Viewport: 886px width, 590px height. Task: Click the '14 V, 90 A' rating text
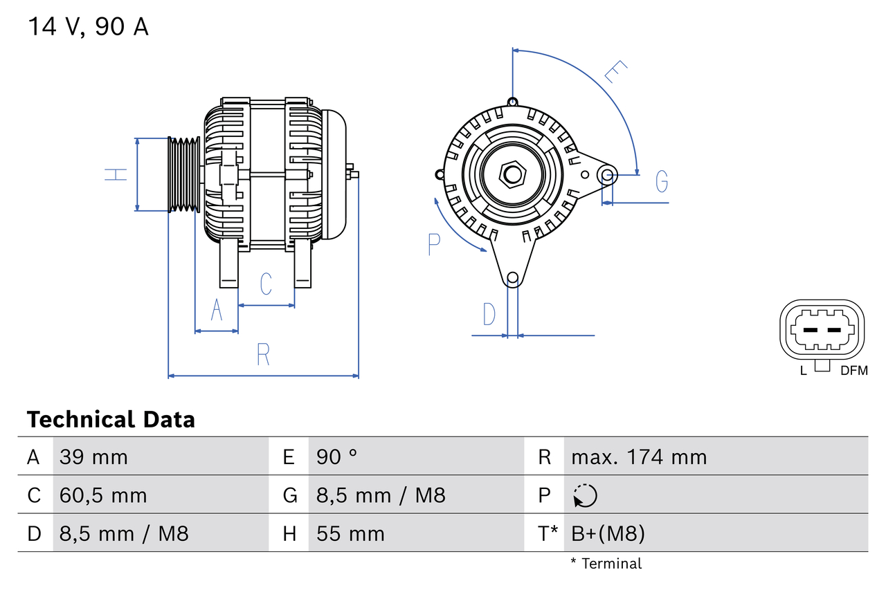(x=88, y=27)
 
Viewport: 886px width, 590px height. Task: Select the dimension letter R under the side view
(x=263, y=354)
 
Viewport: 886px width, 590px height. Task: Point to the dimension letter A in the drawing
(x=217, y=310)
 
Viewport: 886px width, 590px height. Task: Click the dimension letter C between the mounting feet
(x=266, y=284)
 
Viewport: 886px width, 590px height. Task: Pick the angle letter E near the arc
(x=615, y=72)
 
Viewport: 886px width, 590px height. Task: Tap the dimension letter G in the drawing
(x=662, y=181)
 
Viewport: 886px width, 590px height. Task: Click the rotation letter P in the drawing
(x=434, y=244)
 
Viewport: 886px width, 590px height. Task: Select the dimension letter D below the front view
(x=489, y=314)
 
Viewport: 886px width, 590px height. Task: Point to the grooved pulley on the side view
(x=184, y=174)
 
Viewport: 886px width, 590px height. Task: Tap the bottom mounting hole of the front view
(x=512, y=278)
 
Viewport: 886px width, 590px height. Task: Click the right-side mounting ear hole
(x=607, y=174)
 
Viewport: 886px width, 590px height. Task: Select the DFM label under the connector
(x=853, y=371)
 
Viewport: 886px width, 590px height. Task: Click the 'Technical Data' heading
(x=111, y=419)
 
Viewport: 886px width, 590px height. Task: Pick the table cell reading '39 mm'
(x=93, y=457)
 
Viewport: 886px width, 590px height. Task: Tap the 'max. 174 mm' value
(x=639, y=457)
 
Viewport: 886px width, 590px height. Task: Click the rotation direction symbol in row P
(x=585, y=495)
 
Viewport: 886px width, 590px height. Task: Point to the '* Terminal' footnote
(x=606, y=564)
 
